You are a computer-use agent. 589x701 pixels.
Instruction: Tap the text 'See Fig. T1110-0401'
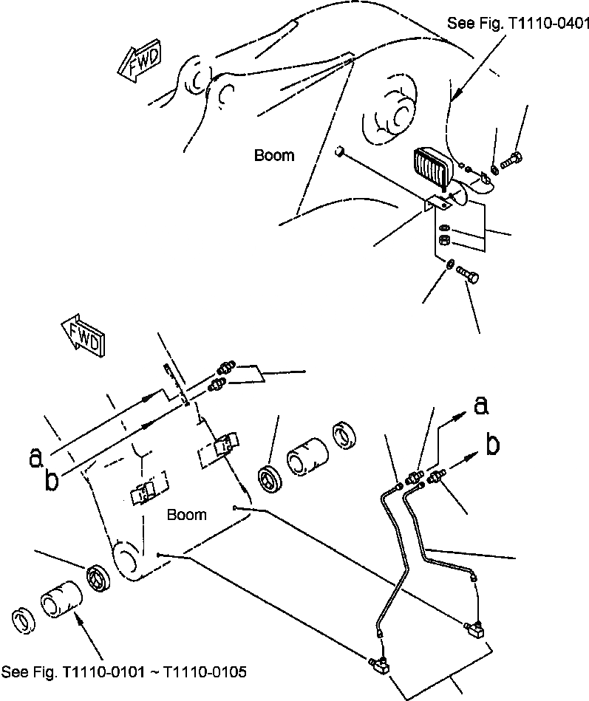tap(517, 24)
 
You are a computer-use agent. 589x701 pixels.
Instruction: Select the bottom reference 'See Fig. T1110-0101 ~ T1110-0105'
tap(124, 672)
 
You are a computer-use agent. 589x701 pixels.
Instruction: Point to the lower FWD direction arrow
tap(83, 335)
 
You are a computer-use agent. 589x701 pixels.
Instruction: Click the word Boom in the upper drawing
tap(274, 155)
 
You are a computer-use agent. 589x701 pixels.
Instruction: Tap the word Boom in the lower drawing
tap(187, 514)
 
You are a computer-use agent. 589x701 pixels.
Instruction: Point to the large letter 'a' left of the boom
tap(35, 459)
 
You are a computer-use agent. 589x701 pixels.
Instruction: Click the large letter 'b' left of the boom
tap(52, 481)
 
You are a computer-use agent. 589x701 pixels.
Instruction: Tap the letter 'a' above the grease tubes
tap(480, 405)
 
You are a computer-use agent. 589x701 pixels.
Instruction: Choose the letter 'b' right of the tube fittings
tap(492, 445)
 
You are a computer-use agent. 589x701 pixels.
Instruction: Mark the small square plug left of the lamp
tap(339, 152)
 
